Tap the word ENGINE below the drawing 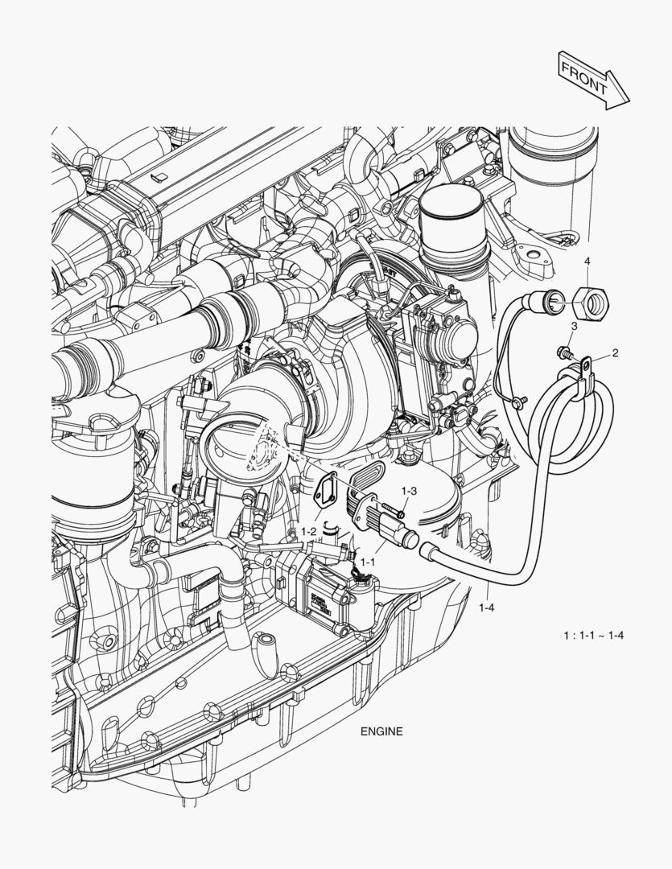(381, 732)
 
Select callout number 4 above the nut (587, 262)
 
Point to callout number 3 (574, 326)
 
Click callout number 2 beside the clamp (615, 352)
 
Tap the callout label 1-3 (409, 490)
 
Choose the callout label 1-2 (309, 532)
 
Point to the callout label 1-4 (485, 607)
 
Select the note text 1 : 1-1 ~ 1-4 (595, 636)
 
